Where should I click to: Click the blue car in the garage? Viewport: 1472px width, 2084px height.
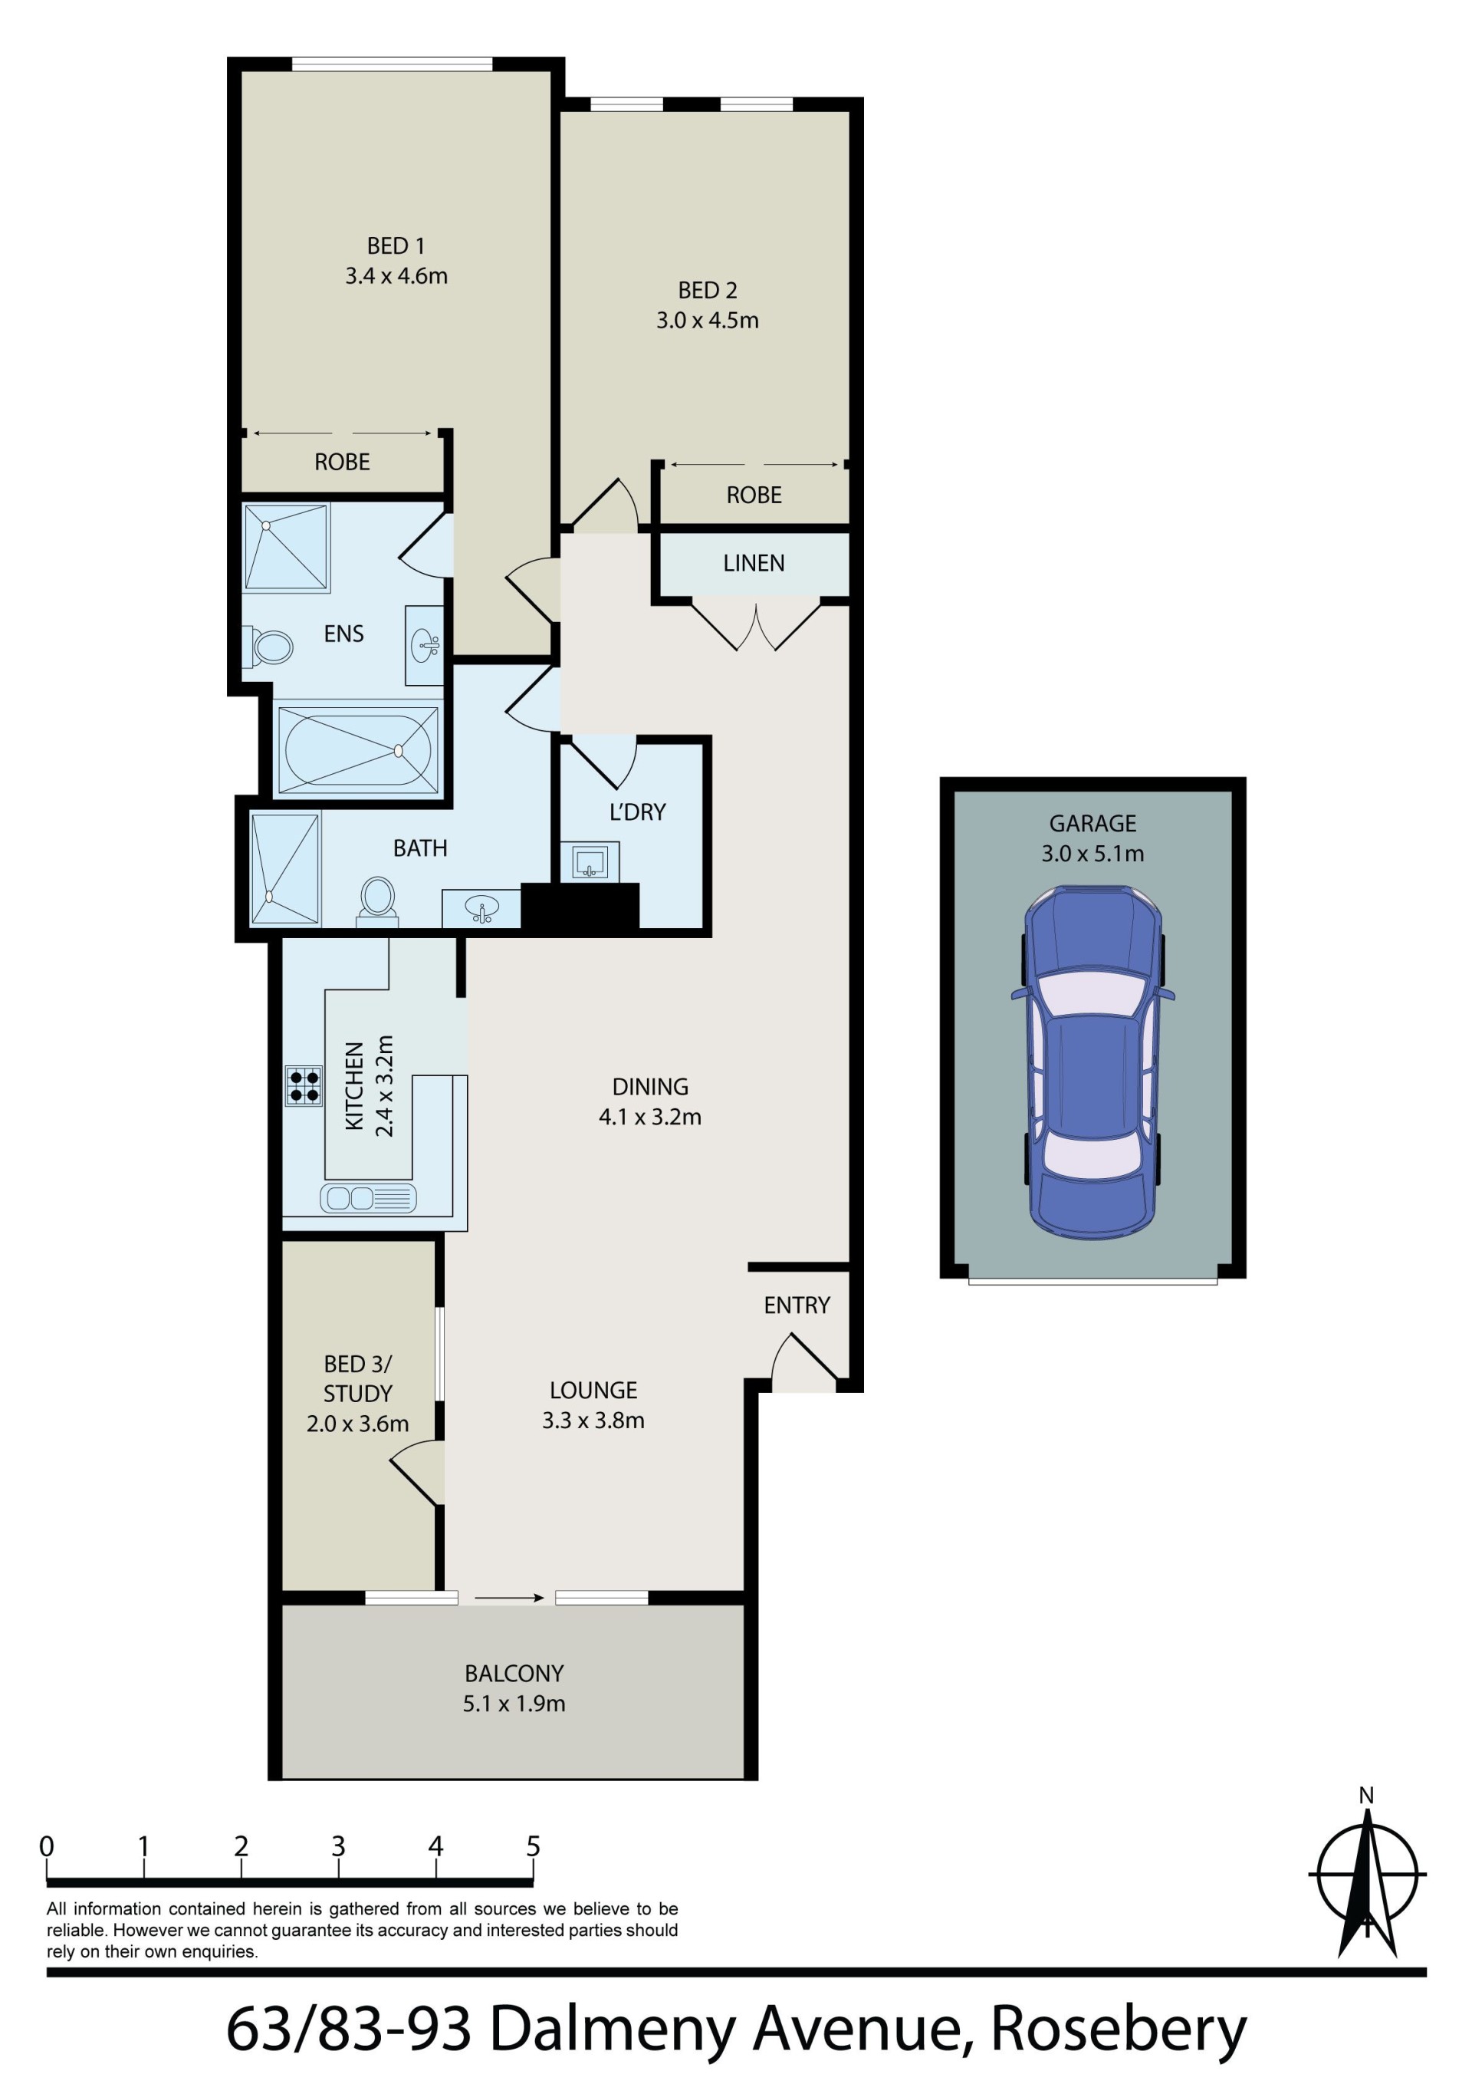tap(1092, 1063)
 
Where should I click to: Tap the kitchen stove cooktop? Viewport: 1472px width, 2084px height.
tap(304, 1085)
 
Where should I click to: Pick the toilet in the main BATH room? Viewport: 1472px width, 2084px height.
tap(376, 901)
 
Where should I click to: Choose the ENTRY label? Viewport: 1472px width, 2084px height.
tap(797, 1305)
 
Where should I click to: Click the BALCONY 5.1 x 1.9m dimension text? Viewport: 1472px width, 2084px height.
tap(514, 1704)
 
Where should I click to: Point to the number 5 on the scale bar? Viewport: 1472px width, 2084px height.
tap(534, 1847)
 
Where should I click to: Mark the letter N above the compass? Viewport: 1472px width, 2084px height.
tap(1367, 1796)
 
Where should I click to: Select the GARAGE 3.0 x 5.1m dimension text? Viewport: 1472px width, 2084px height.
tap(1092, 853)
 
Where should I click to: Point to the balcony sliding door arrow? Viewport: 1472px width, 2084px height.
tap(509, 1598)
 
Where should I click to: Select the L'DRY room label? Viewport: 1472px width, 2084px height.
tap(637, 812)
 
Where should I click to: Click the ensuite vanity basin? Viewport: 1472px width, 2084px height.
tap(425, 645)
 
